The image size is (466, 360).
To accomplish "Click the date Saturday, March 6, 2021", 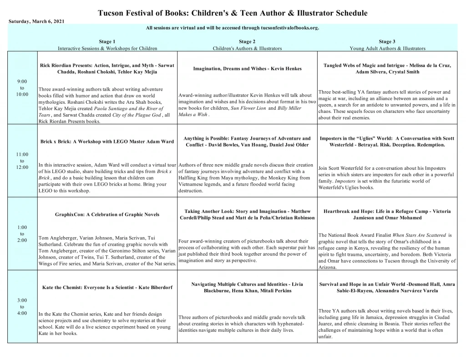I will [x=33, y=22].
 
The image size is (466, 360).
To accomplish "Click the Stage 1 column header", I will [x=107, y=41].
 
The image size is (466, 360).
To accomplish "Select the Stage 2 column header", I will [x=247, y=41].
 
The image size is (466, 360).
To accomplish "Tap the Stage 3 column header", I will [x=387, y=41].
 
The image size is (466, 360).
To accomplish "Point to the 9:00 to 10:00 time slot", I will [x=22, y=88].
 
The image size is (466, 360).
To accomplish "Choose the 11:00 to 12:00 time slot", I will [x=22, y=161].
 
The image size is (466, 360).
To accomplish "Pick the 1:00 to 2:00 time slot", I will [x=22, y=233].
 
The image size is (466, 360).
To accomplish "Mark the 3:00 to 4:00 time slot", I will [x=22, y=306].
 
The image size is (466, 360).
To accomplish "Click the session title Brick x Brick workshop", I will [x=107, y=142].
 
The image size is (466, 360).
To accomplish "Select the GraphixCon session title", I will [x=107, y=214].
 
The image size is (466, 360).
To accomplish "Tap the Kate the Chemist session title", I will [x=107, y=288].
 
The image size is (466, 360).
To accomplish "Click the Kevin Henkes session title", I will [x=247, y=69].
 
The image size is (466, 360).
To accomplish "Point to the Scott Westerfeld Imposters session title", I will [x=387, y=142].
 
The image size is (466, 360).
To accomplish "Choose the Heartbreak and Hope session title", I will [x=387, y=214].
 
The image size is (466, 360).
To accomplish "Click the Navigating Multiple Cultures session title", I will [x=247, y=288].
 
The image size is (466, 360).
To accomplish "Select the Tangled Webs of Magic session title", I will [x=387, y=69].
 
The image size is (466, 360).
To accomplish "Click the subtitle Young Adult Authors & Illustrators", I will [x=387, y=48].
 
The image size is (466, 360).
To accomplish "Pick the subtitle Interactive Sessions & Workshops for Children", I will [x=107, y=48].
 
